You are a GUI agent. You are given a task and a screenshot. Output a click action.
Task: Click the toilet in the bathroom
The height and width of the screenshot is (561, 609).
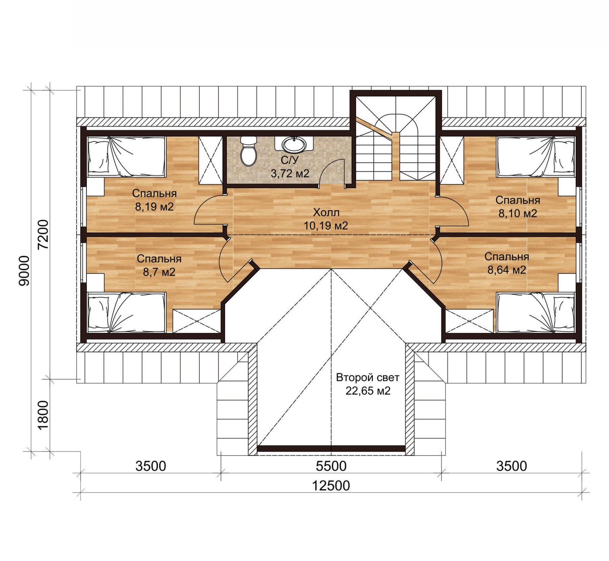[x=249, y=151]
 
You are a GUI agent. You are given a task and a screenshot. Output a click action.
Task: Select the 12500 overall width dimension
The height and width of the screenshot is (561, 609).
[x=331, y=486]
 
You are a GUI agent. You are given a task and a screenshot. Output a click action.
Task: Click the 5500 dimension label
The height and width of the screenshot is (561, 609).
[x=331, y=466]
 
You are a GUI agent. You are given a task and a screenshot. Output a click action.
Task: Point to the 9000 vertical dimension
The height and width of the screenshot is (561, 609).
[x=24, y=270]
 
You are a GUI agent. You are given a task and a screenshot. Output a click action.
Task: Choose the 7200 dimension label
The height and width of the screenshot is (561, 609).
[x=44, y=234]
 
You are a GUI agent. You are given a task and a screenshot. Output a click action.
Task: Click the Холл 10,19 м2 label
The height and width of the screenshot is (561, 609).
[x=326, y=219]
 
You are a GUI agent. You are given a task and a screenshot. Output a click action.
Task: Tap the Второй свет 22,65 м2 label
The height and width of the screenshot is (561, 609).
[x=368, y=384]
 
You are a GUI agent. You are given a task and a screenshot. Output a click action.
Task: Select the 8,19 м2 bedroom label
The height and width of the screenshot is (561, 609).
[x=154, y=200]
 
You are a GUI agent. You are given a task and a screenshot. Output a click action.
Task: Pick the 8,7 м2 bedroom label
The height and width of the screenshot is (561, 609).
[x=159, y=265]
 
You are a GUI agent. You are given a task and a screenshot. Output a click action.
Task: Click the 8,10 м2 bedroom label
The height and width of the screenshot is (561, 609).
[x=518, y=207]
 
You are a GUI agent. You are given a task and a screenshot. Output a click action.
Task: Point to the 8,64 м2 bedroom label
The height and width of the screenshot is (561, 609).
[x=507, y=263]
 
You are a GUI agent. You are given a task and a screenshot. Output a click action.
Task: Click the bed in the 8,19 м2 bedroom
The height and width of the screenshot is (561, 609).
[x=126, y=157]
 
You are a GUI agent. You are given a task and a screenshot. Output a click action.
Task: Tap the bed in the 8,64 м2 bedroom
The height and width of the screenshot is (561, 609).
[x=536, y=312]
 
